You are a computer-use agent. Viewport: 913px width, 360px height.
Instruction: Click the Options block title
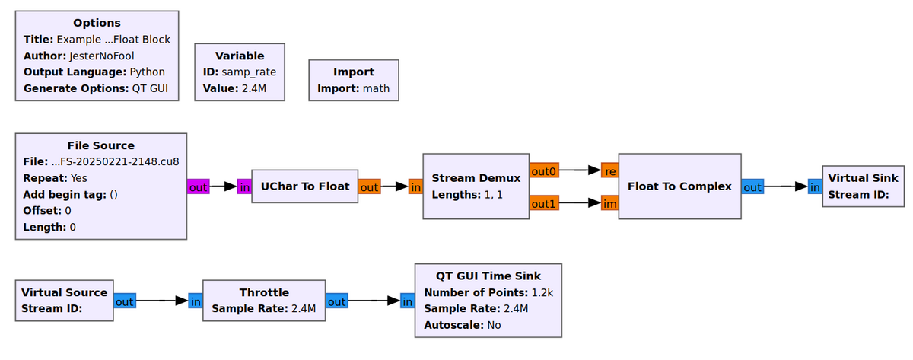(97, 23)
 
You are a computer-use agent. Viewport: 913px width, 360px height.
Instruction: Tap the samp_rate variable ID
(249, 72)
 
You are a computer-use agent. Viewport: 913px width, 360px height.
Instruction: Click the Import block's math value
(375, 88)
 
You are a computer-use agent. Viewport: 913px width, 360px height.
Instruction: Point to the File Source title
(100, 145)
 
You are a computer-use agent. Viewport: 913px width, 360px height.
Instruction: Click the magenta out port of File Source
(199, 186)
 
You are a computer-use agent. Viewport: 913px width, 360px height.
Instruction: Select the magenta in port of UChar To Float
(244, 186)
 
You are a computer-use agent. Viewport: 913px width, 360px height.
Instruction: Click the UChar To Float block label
(305, 186)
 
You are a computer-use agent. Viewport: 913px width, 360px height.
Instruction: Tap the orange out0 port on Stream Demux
(544, 172)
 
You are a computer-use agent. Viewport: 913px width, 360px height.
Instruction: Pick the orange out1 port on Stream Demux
(544, 203)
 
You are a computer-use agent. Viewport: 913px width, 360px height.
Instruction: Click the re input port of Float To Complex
(609, 172)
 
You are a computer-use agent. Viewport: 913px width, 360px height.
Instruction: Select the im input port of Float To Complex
(609, 203)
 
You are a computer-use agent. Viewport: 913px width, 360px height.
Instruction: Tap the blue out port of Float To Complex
(752, 186)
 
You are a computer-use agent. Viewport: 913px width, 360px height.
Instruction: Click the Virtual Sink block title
(863, 178)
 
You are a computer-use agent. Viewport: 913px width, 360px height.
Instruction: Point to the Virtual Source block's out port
(124, 301)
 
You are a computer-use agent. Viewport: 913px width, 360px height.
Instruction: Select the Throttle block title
(263, 292)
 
